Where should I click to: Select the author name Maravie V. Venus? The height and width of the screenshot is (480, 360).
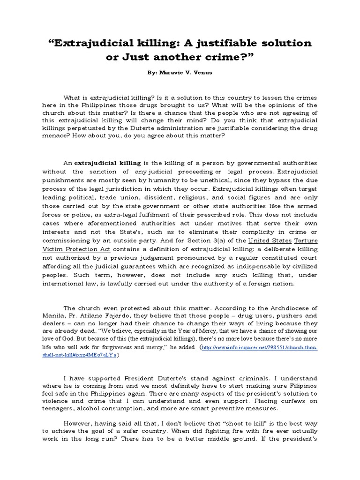tap(189, 74)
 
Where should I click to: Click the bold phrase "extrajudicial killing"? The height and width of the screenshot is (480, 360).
tap(107, 163)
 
